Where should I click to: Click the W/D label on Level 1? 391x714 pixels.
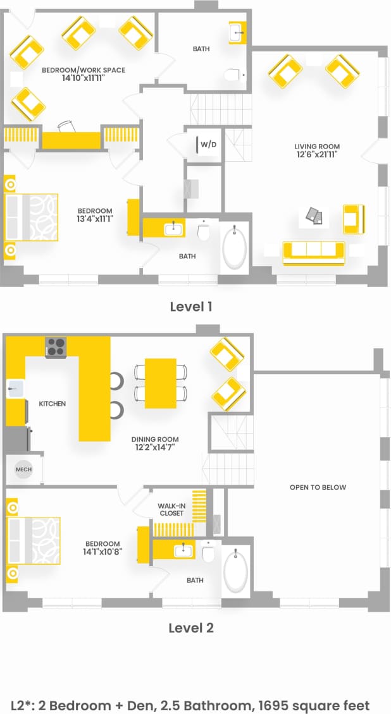click(x=208, y=145)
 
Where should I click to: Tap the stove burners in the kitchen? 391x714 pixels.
click(x=56, y=347)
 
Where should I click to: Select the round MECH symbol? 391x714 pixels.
click(x=23, y=469)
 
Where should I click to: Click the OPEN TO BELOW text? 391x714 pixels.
click(x=318, y=487)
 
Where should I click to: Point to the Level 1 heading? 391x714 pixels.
click(x=190, y=306)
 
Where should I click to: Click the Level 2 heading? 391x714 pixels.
click(x=190, y=627)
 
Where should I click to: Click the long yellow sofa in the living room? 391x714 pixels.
click(x=314, y=251)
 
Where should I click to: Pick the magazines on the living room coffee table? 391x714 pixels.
click(x=315, y=217)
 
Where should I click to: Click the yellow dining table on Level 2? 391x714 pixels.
click(x=160, y=383)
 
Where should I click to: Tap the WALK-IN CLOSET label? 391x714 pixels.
click(x=171, y=509)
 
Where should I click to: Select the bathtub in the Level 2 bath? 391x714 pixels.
click(x=235, y=571)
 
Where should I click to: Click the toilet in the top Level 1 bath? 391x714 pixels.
click(x=233, y=76)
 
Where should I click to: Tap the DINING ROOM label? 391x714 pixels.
click(x=155, y=439)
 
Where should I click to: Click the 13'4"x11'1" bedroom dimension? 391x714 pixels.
click(x=95, y=219)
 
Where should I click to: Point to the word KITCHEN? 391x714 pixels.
click(x=52, y=403)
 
